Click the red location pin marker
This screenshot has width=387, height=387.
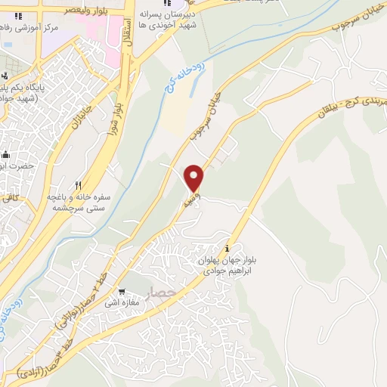(x=195, y=177)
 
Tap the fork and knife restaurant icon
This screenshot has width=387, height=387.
(x=79, y=184)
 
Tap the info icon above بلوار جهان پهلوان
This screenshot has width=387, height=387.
(x=228, y=249)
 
